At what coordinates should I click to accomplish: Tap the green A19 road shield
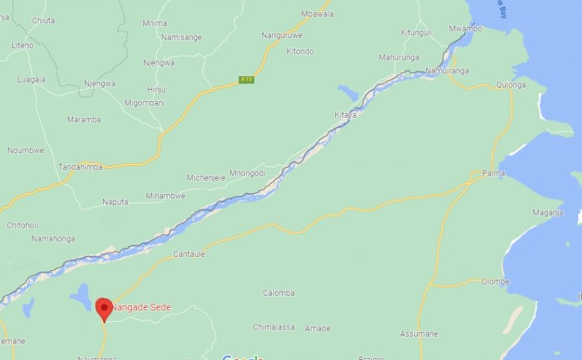pos(245,80)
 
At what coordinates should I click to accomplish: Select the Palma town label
pos(493,173)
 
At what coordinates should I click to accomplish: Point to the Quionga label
pos(511,85)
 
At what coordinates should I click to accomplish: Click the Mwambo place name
pos(466,28)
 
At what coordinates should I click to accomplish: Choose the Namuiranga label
pos(447,71)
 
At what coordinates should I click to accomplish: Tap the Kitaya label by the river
pos(345,114)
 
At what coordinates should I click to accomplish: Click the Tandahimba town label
pos(80,167)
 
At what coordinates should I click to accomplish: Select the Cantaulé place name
pos(189,254)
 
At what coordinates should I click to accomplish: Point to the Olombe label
pos(495,282)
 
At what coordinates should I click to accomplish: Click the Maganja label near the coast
pos(547,212)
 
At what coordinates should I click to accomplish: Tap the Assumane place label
pos(419,334)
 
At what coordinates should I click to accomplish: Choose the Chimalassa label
pos(274,327)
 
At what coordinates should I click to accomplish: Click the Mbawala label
pos(317,13)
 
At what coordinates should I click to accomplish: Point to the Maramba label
pos(84,119)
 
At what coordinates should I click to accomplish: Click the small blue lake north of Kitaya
pos(348,92)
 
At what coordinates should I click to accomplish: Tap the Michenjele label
pos(206,178)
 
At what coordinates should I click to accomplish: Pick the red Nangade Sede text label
pos(140,307)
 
